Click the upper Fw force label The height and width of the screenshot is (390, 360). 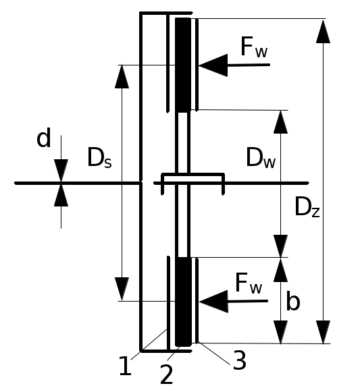click(254, 47)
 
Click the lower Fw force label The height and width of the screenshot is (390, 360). click(249, 283)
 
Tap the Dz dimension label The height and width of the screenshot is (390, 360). click(307, 206)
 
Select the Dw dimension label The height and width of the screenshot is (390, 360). click(261, 157)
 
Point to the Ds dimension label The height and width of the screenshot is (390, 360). click(99, 157)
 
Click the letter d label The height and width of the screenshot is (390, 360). click(44, 138)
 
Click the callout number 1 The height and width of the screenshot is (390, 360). click(125, 366)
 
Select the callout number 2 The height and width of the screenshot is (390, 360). click(166, 374)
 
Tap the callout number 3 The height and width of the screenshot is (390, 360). click(240, 360)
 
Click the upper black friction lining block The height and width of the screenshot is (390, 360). click(183, 65)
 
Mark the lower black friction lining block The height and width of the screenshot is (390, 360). click(184, 302)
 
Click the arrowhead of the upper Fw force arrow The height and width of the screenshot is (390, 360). click(213, 65)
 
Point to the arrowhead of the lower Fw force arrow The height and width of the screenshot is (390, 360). click(213, 302)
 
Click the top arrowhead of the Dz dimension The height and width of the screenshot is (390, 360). click(323, 31)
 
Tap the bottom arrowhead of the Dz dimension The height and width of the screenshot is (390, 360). click(323, 332)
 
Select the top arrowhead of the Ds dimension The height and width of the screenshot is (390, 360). click(122, 77)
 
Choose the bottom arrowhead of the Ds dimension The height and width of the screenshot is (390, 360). click(122, 289)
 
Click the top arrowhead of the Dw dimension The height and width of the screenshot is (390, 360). click(280, 122)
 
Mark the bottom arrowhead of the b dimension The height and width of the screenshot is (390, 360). click(280, 332)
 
